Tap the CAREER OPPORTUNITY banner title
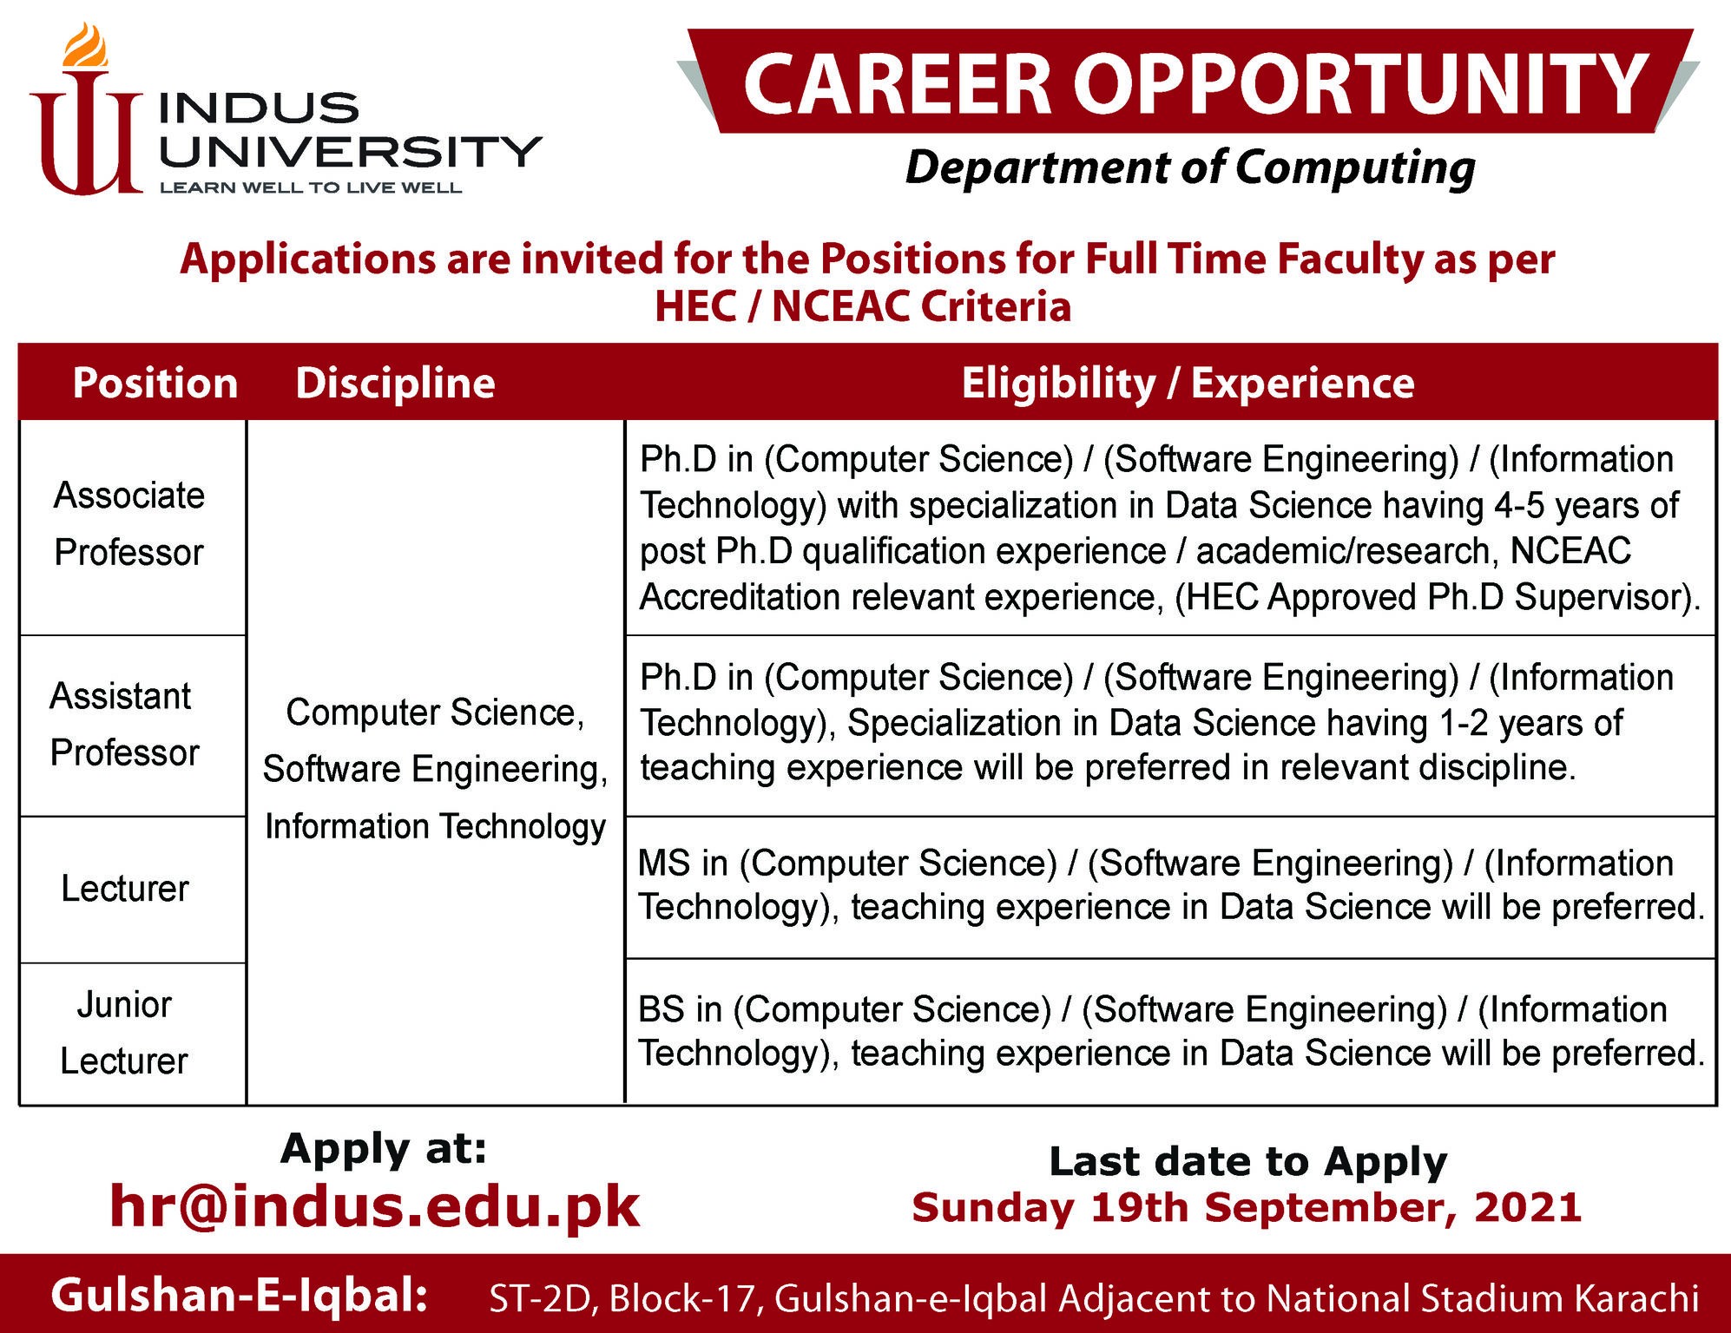click(1195, 83)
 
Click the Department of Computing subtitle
click(1190, 167)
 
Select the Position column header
click(155, 383)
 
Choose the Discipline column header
click(395, 383)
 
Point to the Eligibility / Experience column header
click(1188, 384)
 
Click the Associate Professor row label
click(129, 523)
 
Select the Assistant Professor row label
click(124, 724)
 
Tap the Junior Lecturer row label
click(124, 1032)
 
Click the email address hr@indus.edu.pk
click(375, 1205)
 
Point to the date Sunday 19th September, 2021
click(1247, 1208)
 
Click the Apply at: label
click(384, 1150)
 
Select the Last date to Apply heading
click(1248, 1162)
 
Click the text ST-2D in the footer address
click(539, 1298)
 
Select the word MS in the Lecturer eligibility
click(664, 863)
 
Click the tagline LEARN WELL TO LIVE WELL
click(311, 187)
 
